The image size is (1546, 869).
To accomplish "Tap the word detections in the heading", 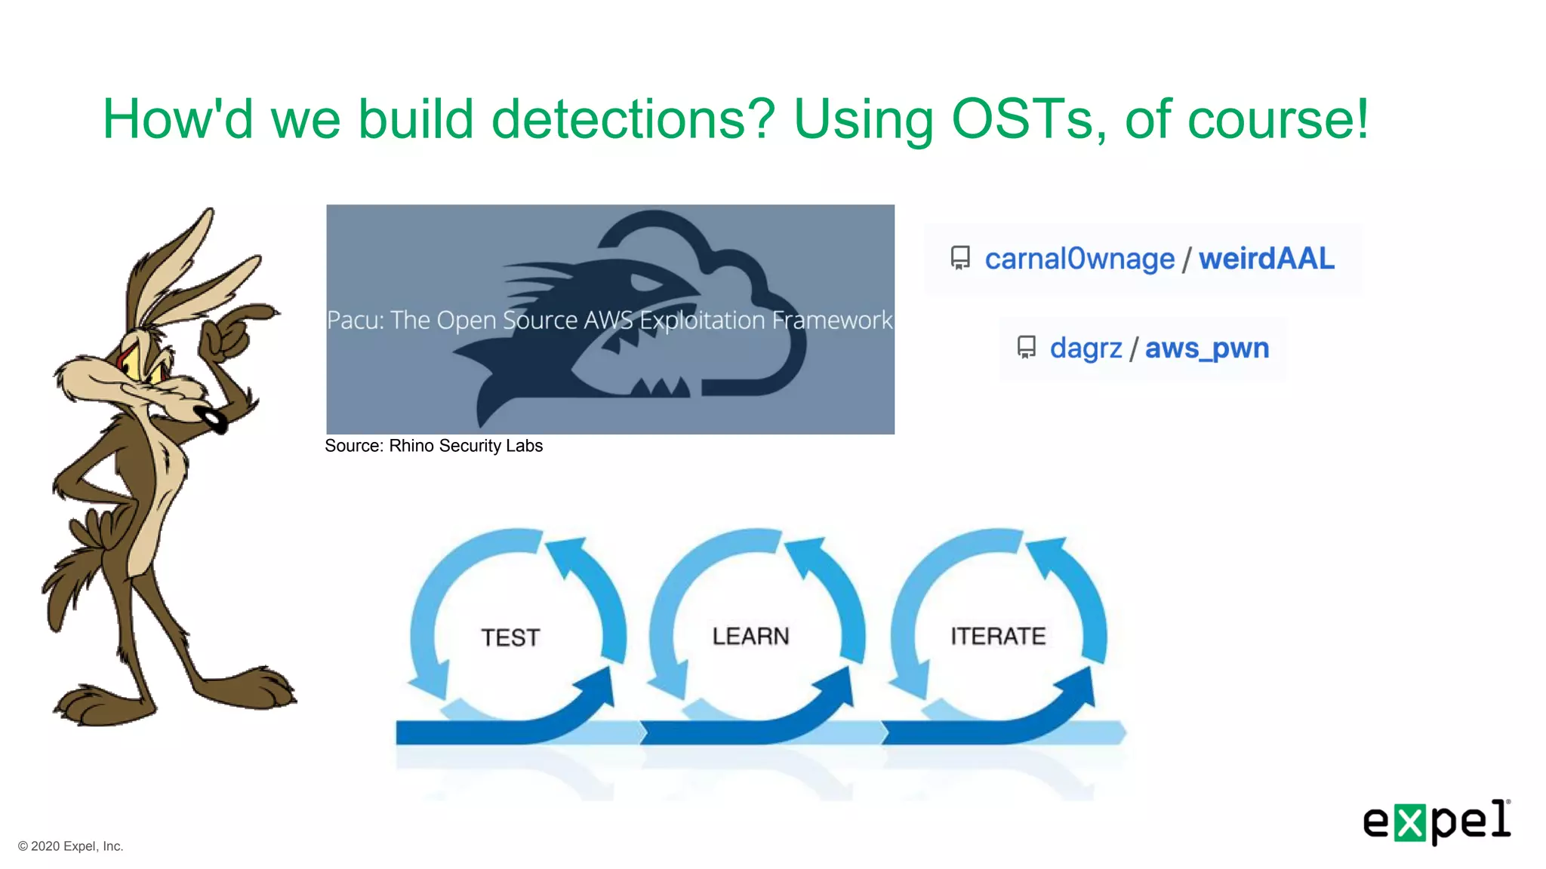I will [633, 119].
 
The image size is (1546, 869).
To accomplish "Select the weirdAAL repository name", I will [1266, 259].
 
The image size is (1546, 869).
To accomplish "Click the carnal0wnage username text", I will [1079, 259].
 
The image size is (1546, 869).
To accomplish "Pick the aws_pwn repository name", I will [1206, 348].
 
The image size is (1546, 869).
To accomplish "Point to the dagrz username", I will [1086, 348].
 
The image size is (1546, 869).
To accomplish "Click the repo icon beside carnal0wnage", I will [960, 258].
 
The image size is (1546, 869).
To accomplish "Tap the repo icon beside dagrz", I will [1026, 347].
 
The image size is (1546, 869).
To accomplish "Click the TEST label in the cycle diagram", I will [511, 637].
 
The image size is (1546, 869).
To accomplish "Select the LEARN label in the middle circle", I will [750, 636].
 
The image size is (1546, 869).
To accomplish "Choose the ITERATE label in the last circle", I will [998, 636].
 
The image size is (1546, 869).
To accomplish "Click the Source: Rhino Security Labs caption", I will [433, 446].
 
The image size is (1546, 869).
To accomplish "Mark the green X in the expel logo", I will [1409, 823].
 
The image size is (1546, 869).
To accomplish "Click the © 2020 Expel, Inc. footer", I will [70, 846].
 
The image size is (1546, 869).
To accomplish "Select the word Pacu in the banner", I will [354, 320].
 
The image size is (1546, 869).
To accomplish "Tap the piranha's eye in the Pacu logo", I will [645, 284].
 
